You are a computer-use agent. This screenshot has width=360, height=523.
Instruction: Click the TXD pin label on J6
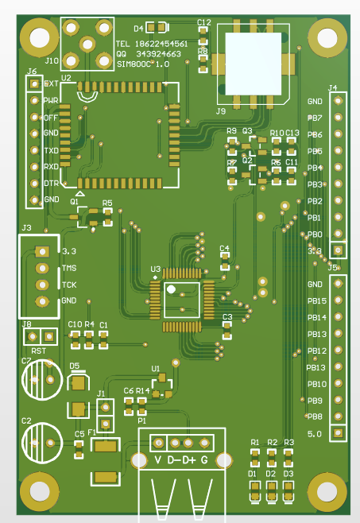51,150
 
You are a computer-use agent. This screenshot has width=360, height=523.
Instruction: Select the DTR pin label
51,183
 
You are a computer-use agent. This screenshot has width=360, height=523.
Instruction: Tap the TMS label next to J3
69,268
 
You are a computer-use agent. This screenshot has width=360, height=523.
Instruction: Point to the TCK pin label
69,285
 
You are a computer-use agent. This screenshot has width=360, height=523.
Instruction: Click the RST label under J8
38,351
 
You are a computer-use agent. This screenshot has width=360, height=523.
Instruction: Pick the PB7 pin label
315,118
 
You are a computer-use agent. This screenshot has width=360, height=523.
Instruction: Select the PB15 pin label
317,301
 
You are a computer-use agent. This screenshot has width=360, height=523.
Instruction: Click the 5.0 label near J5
315,434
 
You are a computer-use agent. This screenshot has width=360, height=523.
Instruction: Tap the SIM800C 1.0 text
144,64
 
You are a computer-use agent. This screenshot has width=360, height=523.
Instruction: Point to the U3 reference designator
155,269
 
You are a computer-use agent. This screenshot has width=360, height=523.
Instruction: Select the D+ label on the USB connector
188,460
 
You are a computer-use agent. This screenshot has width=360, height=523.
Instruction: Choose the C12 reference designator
204,22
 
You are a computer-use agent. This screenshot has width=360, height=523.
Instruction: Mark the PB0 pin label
315,234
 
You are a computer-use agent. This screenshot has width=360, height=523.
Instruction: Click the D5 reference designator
75,366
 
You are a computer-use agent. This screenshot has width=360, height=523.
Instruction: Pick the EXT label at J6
51,83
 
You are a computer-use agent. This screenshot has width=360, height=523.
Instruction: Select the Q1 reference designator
75,202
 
